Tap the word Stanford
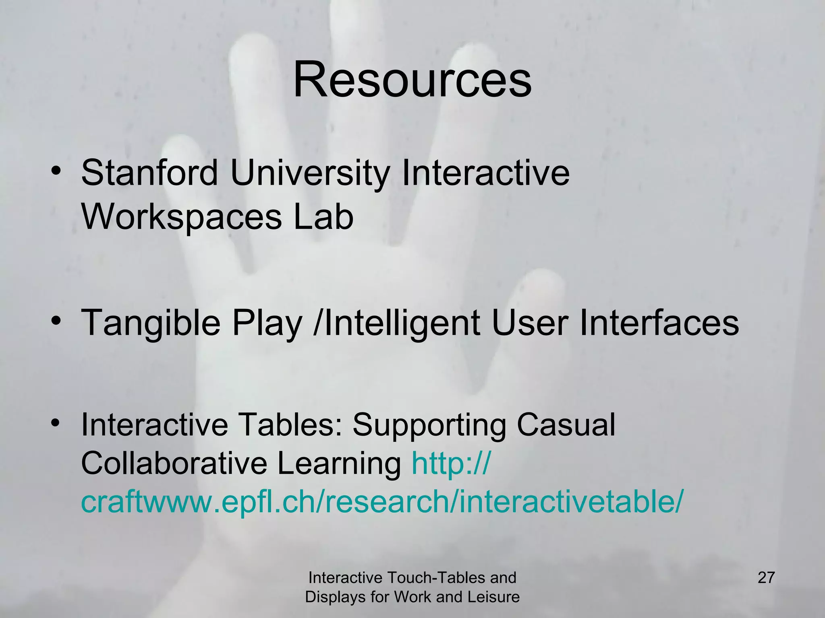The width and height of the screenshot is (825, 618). click(x=149, y=173)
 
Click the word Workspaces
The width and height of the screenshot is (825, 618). click(x=182, y=218)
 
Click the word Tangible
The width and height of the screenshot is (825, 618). click(x=151, y=323)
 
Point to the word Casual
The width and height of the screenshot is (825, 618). click(x=566, y=425)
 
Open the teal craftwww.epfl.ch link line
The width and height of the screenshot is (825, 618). click(x=382, y=503)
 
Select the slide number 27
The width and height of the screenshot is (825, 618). click(x=766, y=578)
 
